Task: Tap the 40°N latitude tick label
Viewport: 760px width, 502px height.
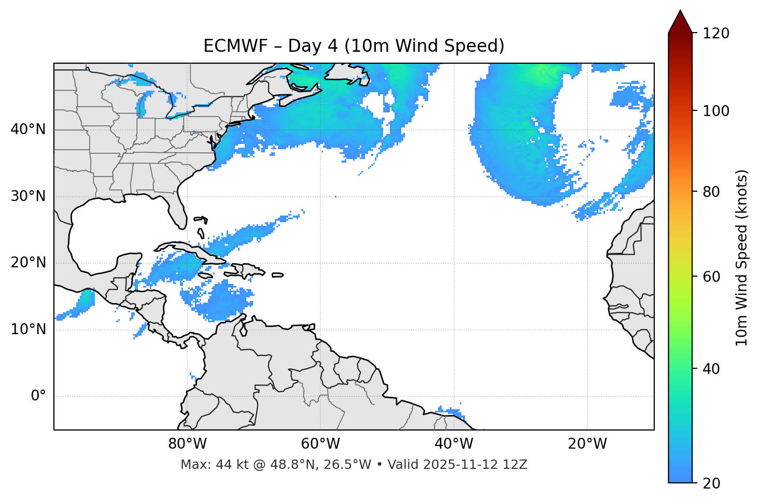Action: point(28,130)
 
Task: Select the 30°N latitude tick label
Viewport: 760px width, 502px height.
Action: point(28,196)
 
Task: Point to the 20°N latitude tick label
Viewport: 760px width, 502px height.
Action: point(28,263)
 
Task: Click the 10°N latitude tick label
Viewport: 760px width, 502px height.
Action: point(28,329)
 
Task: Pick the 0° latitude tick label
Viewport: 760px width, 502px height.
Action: point(38,396)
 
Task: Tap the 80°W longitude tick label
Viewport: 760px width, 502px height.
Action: point(187,444)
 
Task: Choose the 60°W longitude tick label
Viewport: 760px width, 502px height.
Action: point(320,444)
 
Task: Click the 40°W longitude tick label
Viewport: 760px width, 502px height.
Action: point(454,444)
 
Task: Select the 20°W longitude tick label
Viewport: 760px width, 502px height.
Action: point(587,444)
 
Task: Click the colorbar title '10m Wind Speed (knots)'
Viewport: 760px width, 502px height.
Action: point(742,257)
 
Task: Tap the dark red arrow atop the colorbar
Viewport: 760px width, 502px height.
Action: point(680,22)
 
